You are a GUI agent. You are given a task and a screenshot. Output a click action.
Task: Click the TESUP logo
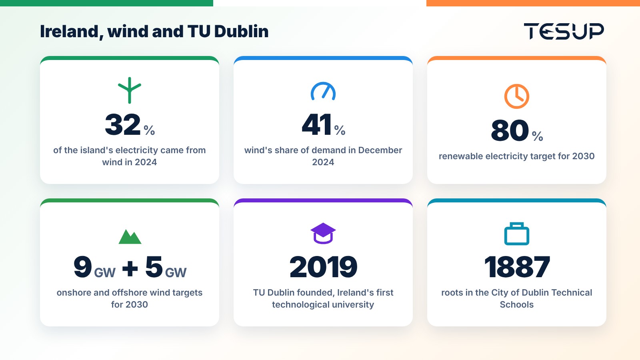point(564,31)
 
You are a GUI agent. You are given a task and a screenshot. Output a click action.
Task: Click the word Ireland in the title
point(70,32)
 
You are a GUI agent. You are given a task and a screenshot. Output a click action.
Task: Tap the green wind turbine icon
point(130,90)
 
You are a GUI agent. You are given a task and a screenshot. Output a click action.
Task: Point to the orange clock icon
point(516,96)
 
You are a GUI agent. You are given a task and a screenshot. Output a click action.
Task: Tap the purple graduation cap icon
point(323,233)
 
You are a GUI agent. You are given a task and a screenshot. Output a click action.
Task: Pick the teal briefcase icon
point(516,234)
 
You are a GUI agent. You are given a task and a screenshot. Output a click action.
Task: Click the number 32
point(123,124)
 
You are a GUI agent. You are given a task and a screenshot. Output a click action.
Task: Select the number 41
point(316,124)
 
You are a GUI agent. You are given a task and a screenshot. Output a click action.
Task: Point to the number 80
point(510,130)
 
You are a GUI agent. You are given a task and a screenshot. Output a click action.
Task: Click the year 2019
point(323,267)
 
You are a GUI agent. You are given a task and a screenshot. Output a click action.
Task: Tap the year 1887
point(517,267)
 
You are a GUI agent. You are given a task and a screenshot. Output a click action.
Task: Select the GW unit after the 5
point(176,272)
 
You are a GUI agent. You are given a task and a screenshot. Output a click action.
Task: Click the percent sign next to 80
point(538,136)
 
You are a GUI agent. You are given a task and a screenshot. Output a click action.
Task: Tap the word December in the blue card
point(380,150)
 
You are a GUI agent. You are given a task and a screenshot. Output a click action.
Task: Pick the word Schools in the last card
point(516,304)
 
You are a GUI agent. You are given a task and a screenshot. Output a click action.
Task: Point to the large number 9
point(82,267)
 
